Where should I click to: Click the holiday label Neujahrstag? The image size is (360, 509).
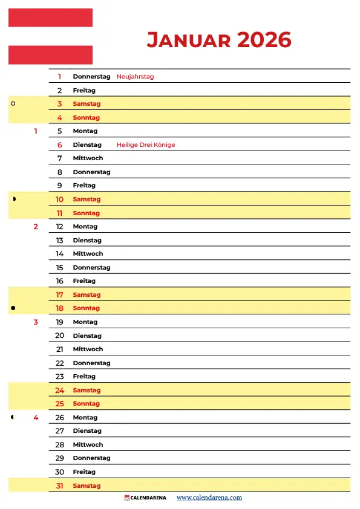click(x=135, y=77)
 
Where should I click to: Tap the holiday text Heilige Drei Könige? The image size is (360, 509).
click(x=146, y=145)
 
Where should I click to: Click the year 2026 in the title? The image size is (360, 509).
click(x=264, y=40)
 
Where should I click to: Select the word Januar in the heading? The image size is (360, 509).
click(x=189, y=40)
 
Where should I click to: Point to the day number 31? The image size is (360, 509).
click(x=60, y=485)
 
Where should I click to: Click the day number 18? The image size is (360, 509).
click(x=60, y=308)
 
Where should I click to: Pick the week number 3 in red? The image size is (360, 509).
click(x=36, y=322)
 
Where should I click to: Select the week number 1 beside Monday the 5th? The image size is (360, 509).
click(x=36, y=131)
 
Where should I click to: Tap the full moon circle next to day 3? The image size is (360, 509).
click(x=13, y=103)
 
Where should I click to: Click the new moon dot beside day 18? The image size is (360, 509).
click(x=13, y=308)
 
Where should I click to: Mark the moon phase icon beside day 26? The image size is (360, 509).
click(x=13, y=417)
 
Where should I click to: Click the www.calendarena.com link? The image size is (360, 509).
click(x=209, y=498)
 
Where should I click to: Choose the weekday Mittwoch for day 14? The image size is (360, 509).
click(x=88, y=254)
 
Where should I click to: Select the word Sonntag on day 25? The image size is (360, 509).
click(x=87, y=404)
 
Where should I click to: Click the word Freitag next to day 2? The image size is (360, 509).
click(x=84, y=91)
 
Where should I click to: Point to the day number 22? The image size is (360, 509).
click(x=60, y=363)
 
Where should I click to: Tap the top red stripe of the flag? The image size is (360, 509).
click(x=50, y=18)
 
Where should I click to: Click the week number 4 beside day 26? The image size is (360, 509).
click(x=36, y=418)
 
